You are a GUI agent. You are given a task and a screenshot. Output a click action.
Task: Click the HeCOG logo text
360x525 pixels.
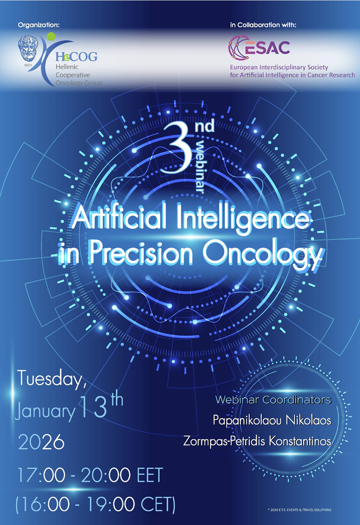[x=76, y=56]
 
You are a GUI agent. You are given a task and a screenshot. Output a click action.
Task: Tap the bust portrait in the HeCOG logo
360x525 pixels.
[x=28, y=48]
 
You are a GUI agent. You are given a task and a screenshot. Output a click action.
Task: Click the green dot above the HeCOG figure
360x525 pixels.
[x=51, y=37]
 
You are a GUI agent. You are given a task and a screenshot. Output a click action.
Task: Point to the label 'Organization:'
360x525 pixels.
[x=39, y=25]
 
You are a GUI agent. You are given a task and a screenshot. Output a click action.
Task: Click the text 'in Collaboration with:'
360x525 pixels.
[x=263, y=25]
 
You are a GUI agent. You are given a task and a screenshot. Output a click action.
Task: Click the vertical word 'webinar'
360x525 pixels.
[x=200, y=167]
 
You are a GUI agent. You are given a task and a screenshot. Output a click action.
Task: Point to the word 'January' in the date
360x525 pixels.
[x=44, y=412]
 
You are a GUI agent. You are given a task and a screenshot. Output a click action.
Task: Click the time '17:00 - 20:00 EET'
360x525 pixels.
[x=90, y=474]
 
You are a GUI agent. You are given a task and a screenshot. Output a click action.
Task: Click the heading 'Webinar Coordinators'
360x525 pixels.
[x=273, y=400]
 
